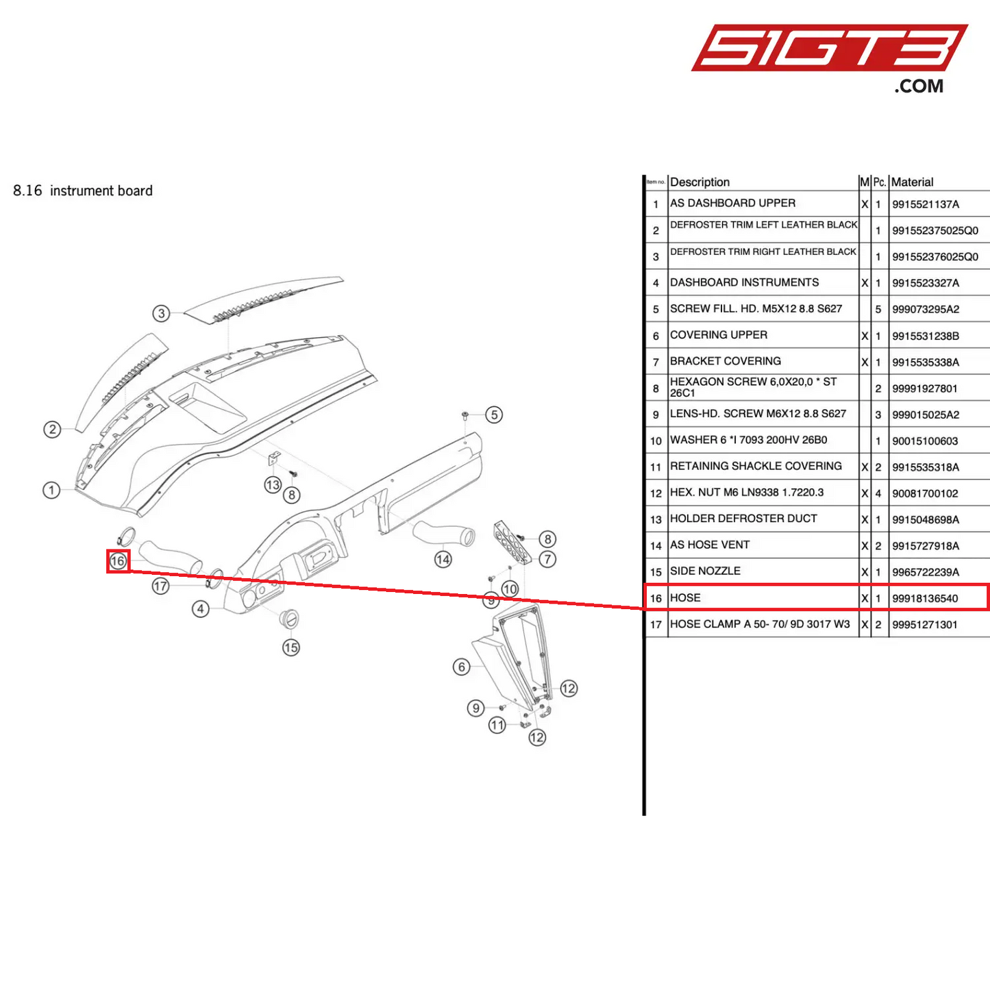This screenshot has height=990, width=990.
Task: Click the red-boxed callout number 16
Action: click(118, 561)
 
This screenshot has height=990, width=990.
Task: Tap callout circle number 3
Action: click(161, 314)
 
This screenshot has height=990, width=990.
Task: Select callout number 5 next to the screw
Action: click(494, 414)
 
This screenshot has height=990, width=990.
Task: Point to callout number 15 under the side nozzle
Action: click(291, 647)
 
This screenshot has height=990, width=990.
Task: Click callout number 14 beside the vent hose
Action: click(443, 559)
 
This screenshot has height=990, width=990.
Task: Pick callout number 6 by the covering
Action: click(462, 667)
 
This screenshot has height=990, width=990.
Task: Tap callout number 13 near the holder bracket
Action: click(273, 485)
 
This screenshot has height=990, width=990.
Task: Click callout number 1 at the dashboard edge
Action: click(51, 490)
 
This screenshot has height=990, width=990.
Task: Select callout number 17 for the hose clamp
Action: click(160, 586)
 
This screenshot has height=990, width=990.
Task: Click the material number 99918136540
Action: click(925, 598)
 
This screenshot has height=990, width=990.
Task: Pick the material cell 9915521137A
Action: click(926, 204)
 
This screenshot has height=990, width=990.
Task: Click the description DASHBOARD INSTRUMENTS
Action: click(744, 282)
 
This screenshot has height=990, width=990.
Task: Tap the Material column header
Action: click(912, 182)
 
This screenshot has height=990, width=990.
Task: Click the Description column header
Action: click(700, 182)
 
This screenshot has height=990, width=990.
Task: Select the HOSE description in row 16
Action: click(685, 598)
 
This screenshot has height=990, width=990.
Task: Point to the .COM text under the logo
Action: click(919, 86)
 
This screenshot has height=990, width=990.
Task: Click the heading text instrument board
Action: click(101, 191)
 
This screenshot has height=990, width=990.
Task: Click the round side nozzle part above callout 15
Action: click(290, 618)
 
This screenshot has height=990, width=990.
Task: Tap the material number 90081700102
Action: click(925, 493)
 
